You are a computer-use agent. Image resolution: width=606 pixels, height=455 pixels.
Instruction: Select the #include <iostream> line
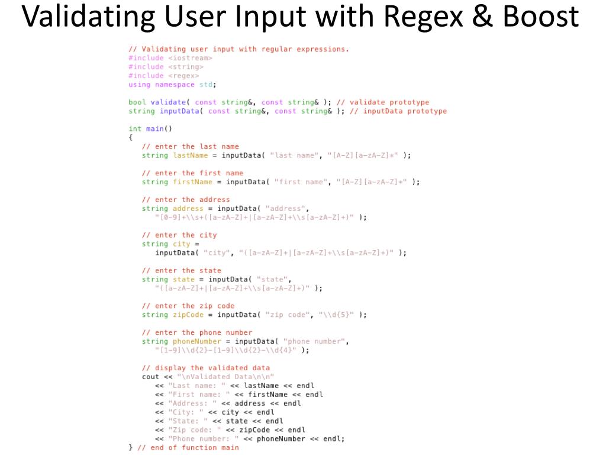(170, 58)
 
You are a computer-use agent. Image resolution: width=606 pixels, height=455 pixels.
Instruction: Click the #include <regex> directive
(163, 76)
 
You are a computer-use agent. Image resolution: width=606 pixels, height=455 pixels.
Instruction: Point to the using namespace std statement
(172, 85)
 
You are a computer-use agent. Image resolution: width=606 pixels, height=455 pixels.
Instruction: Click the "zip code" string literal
(287, 315)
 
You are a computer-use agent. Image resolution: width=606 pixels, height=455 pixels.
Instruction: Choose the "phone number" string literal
(316, 341)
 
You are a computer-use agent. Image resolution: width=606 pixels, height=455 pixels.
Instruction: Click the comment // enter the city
(179, 235)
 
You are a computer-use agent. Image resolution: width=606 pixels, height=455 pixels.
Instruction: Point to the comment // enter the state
(182, 270)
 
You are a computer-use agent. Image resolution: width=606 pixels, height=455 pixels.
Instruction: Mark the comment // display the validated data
(205, 368)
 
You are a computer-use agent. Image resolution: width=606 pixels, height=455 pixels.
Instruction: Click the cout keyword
(150, 377)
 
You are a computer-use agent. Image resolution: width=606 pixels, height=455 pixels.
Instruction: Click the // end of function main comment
(188, 447)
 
